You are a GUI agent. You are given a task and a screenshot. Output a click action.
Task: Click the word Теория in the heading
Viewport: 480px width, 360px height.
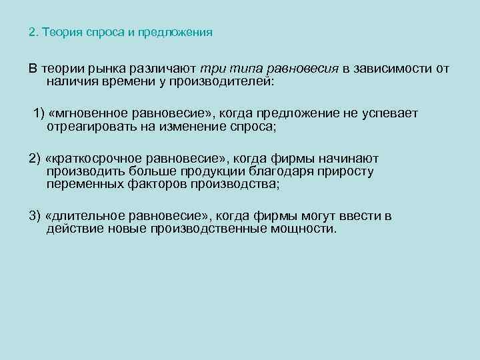coord(59,32)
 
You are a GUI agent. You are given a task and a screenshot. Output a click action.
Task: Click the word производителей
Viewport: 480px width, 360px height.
coord(218,81)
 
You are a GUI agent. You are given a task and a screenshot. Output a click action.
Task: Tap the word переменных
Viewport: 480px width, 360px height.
coord(84,184)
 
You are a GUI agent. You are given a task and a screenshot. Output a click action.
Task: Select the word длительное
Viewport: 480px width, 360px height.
coord(88,216)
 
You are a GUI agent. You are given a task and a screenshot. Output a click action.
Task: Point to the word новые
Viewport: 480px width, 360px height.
coord(116,229)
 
